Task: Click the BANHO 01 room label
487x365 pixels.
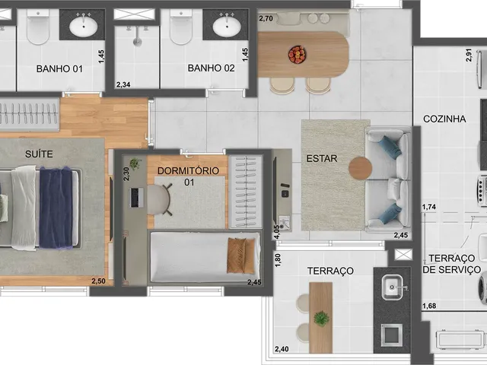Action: click(x=59, y=68)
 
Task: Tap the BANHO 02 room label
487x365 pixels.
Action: click(x=212, y=68)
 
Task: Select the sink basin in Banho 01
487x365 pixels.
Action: click(x=83, y=27)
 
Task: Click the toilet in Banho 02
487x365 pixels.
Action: click(x=181, y=27)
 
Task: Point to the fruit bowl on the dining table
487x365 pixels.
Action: click(x=298, y=55)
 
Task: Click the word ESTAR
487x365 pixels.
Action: click(x=322, y=159)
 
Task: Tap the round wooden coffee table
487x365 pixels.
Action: click(x=360, y=168)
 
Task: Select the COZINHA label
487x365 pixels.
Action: click(x=444, y=119)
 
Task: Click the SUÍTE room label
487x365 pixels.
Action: click(x=39, y=154)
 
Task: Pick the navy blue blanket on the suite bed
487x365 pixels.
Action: click(x=56, y=208)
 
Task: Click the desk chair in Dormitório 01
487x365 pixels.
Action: click(x=160, y=199)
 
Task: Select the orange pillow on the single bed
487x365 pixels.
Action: click(x=241, y=255)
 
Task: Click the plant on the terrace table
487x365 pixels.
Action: click(x=321, y=319)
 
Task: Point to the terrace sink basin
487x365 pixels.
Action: click(x=393, y=287)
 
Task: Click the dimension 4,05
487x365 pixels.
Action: click(x=277, y=232)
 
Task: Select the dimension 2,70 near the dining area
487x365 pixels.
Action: click(x=266, y=18)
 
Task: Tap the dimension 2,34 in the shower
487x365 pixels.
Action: click(x=123, y=84)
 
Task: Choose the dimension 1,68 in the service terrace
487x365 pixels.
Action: click(x=429, y=306)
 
